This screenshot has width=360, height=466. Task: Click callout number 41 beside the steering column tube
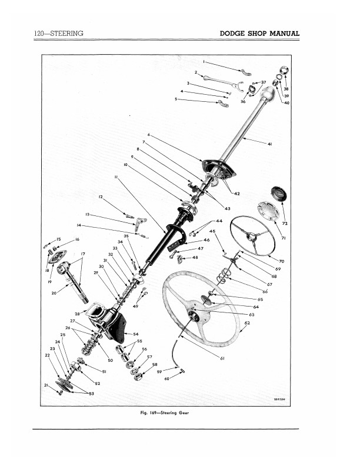click(x=269, y=144)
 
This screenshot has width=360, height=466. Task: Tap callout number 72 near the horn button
click(x=285, y=223)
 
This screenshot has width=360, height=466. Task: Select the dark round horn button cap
click(x=279, y=193)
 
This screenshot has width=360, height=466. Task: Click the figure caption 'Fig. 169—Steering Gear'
click(x=165, y=413)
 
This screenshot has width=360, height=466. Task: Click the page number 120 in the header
click(x=39, y=34)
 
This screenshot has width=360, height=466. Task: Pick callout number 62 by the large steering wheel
click(x=247, y=323)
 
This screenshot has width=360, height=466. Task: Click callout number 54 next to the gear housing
click(x=136, y=334)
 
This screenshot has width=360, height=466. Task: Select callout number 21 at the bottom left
click(x=46, y=385)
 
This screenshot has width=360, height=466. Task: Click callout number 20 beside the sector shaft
click(x=54, y=293)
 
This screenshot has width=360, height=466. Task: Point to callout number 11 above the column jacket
click(x=116, y=177)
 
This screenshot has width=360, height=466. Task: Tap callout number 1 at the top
click(x=204, y=62)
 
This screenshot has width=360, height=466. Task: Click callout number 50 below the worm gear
click(x=111, y=360)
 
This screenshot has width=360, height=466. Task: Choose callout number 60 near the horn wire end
click(x=166, y=379)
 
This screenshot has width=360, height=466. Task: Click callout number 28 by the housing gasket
click(x=77, y=314)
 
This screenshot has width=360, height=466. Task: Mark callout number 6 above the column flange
click(x=149, y=135)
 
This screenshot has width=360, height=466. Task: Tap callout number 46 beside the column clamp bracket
click(x=206, y=240)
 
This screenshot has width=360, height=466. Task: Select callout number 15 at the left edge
click(x=58, y=239)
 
